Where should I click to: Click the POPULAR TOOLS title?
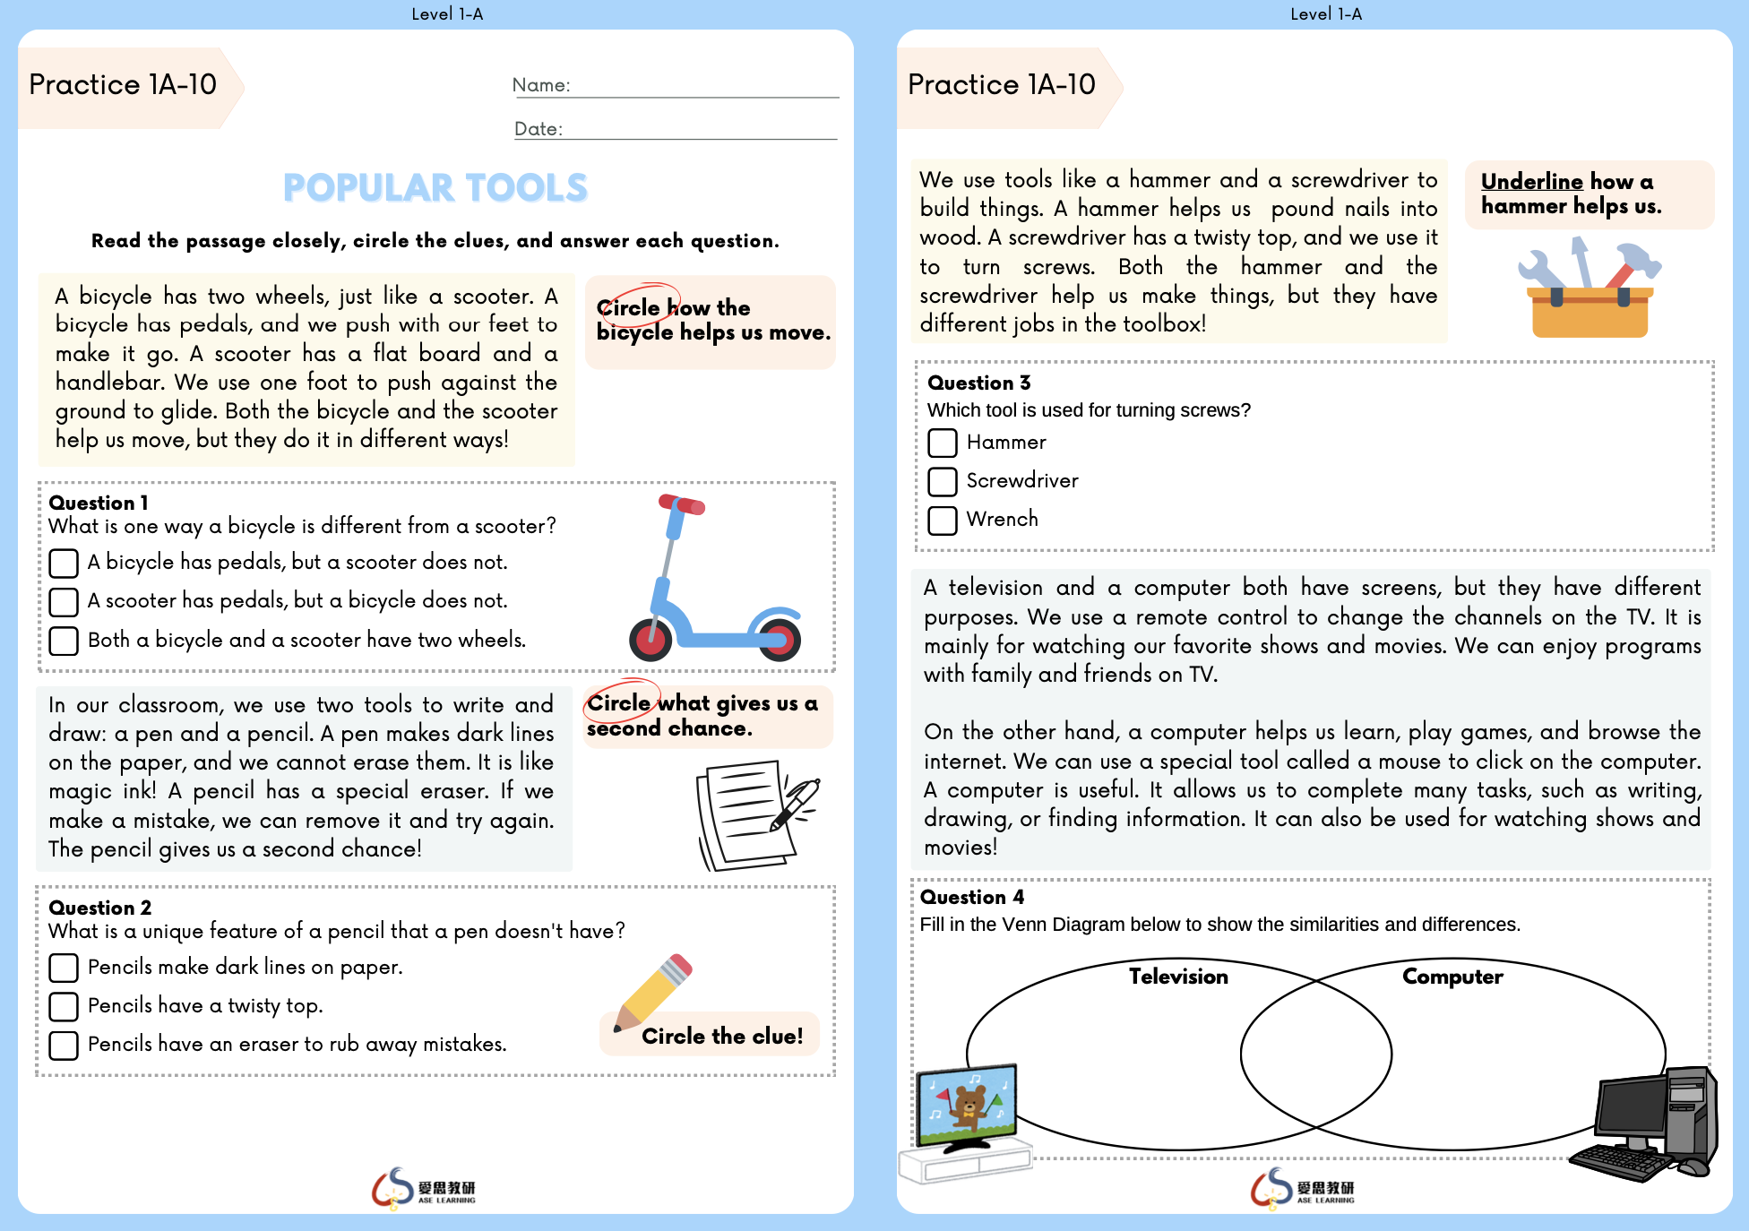coord(435,188)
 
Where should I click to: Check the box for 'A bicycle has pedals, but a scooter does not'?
coord(64,564)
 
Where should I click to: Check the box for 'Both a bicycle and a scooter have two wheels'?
coord(64,641)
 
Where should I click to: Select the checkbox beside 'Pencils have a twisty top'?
coord(64,1006)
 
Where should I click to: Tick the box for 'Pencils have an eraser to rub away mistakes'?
coord(64,1045)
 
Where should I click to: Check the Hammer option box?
coord(943,443)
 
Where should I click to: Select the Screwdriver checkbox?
coord(943,481)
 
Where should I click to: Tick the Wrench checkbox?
coord(943,520)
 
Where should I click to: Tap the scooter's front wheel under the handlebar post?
coord(650,639)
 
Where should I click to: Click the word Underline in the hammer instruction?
coord(1531,182)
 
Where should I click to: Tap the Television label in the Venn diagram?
coord(1178,977)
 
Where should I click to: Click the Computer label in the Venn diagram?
coord(1452,977)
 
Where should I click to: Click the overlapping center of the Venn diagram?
coord(1316,1055)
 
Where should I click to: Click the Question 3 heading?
coord(978,383)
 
